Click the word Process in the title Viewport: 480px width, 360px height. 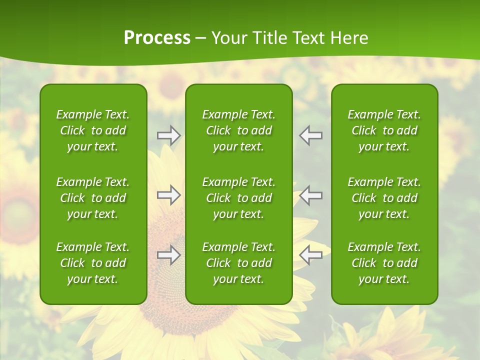pos(157,38)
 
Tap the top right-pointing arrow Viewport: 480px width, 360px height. pos(168,135)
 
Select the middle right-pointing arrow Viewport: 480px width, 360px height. pos(168,195)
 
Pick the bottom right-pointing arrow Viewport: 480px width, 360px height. pos(168,255)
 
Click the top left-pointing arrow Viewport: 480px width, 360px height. pos(311,135)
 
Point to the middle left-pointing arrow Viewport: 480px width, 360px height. pos(311,195)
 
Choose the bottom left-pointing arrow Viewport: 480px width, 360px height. pos(311,255)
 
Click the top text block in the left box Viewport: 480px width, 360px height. pos(93,130)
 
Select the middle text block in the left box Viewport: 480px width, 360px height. pos(93,198)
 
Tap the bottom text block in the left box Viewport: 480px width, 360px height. pos(93,263)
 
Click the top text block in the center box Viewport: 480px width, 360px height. pos(239,130)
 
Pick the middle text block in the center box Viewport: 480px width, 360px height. pos(239,198)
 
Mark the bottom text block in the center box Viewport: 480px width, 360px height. pos(239,263)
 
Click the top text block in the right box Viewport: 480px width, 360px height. pos(384,130)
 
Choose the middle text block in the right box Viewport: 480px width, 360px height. pos(384,198)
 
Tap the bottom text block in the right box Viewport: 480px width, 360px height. pos(384,263)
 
